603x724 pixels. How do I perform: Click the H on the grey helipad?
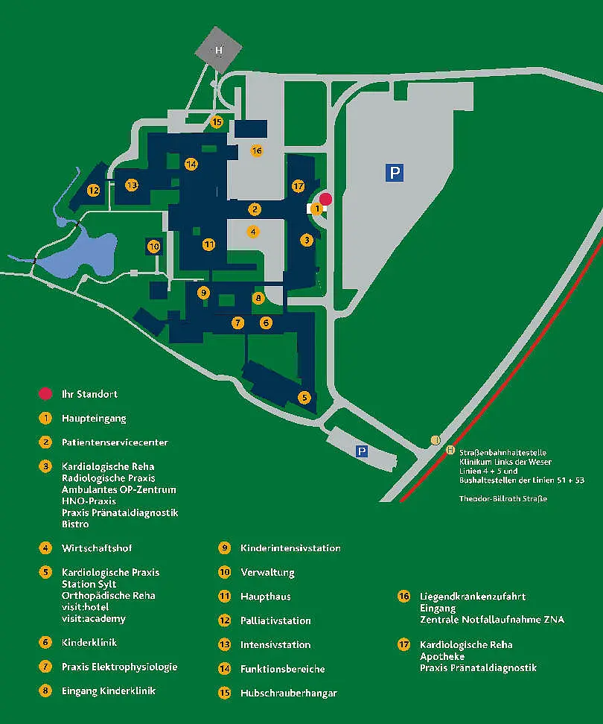(219, 51)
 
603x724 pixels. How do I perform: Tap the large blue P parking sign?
(395, 174)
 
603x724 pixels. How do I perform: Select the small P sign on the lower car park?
(362, 451)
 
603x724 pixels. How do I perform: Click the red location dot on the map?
(325, 198)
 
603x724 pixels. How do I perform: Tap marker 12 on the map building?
(93, 190)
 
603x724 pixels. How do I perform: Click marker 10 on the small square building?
(154, 246)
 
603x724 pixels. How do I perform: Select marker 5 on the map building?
(304, 398)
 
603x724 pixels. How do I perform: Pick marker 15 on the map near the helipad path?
(217, 121)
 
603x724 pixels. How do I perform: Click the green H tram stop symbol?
(450, 450)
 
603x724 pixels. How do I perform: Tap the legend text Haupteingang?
(94, 419)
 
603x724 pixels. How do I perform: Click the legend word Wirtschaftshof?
(97, 548)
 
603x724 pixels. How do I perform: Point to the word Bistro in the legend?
(75, 524)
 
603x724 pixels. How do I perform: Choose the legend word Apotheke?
(442, 656)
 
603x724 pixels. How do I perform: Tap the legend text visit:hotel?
(85, 607)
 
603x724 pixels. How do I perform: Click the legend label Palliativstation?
(275, 620)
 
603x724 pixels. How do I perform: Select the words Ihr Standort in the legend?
(89, 394)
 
